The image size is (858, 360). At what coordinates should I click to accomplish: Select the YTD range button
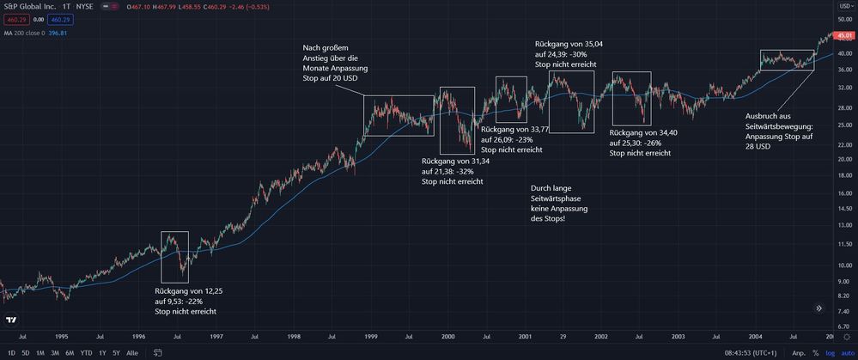click(86, 352)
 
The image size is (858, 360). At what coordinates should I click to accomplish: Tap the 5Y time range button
click(116, 352)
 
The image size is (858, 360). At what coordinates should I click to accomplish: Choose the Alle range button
click(131, 352)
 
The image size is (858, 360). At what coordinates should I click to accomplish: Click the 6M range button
click(70, 352)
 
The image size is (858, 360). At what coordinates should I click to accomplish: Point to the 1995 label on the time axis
click(61, 337)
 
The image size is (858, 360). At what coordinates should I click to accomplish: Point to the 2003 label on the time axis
click(678, 337)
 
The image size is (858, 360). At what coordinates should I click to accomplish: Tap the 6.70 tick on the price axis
click(843, 325)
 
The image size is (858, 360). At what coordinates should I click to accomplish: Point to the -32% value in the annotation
click(468, 171)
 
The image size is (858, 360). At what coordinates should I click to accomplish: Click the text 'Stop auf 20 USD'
click(330, 78)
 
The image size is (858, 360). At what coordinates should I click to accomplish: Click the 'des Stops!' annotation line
click(548, 219)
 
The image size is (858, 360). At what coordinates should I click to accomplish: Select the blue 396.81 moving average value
click(58, 34)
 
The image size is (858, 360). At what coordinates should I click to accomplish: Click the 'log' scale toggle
click(830, 352)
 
